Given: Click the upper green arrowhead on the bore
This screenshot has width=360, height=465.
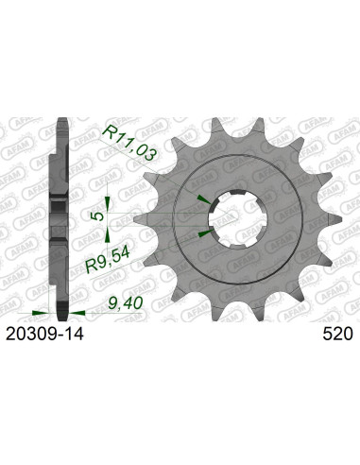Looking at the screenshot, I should (205, 199).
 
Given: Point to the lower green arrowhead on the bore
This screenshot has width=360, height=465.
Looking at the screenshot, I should (205, 232).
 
